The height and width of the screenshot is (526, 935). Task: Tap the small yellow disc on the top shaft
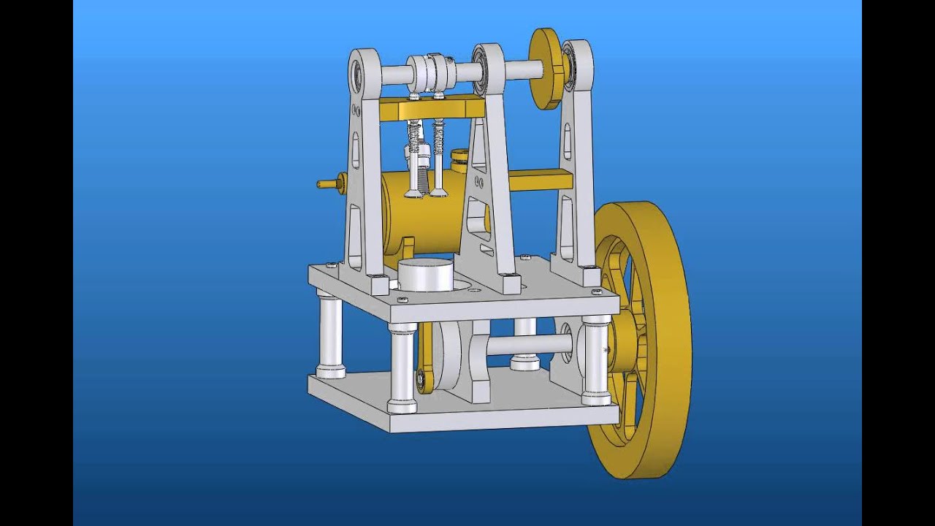point(546,69)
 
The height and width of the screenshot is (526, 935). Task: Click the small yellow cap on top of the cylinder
point(459,156)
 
